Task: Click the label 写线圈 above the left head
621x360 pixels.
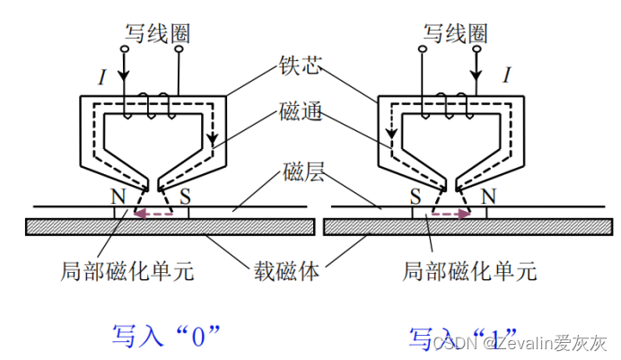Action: [x=157, y=34]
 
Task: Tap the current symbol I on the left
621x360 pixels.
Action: [x=102, y=77]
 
